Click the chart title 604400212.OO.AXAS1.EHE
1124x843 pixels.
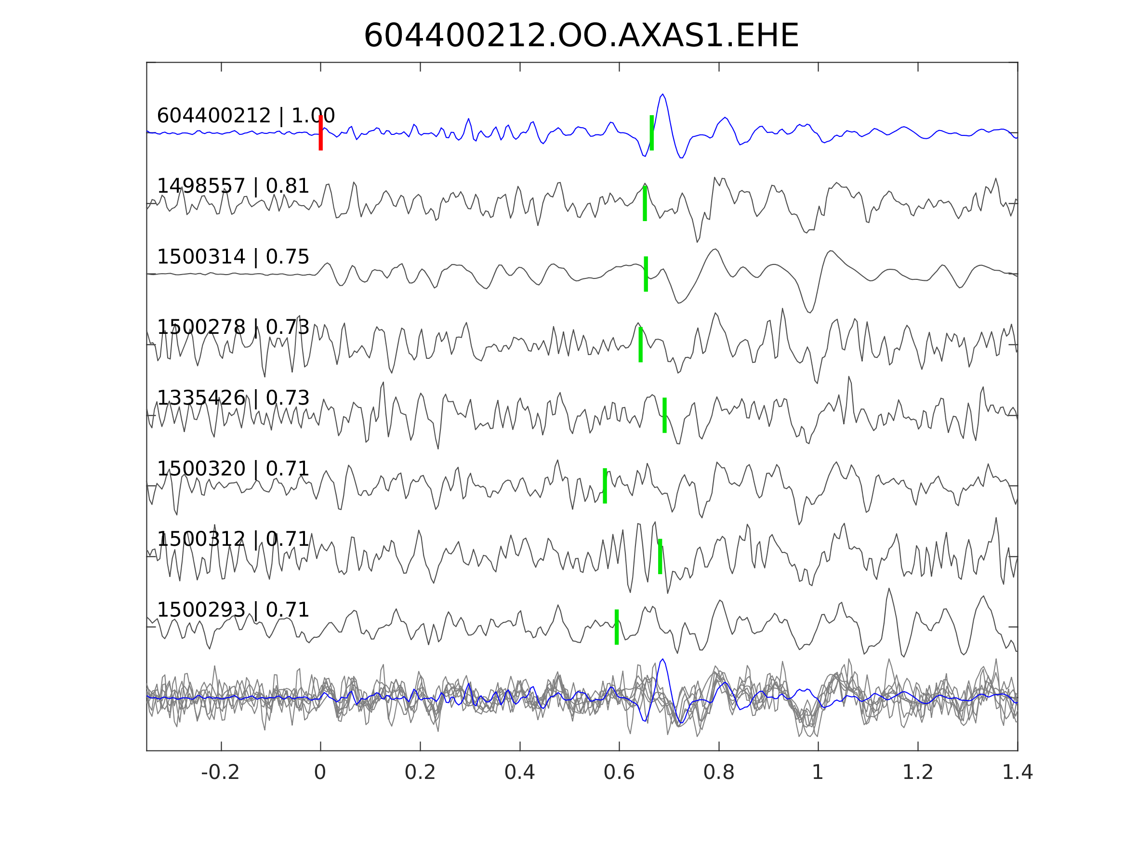point(581,36)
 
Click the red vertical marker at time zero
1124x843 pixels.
point(321,132)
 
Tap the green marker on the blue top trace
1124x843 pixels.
point(651,132)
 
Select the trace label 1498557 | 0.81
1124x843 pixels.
point(233,186)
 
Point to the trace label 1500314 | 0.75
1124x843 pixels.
point(233,257)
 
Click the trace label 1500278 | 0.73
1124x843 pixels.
point(233,327)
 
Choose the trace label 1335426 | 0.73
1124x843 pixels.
point(233,398)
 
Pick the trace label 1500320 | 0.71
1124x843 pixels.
point(233,469)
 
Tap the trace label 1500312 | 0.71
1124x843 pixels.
point(233,539)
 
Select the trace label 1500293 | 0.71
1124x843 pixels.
point(233,610)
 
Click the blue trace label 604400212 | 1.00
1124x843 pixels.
point(246,116)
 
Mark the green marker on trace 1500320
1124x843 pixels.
point(605,486)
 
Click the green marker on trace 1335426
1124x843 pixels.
point(664,415)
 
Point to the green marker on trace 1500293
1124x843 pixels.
point(616,627)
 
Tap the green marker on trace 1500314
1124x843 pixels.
point(646,274)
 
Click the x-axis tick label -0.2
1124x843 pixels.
point(221,773)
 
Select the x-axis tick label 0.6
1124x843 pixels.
point(619,773)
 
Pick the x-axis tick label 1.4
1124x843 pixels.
point(1018,773)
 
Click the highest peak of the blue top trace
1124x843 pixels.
point(662,94)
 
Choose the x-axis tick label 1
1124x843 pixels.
point(818,773)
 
